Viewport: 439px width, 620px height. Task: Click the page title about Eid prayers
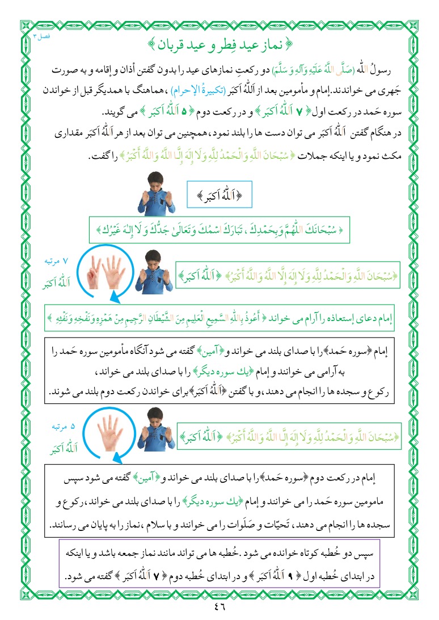(x=219, y=43)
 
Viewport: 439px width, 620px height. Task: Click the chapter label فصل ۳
(x=41, y=35)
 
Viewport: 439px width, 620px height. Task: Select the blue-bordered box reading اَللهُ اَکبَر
(x=219, y=196)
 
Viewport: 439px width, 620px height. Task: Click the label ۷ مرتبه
(x=56, y=262)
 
